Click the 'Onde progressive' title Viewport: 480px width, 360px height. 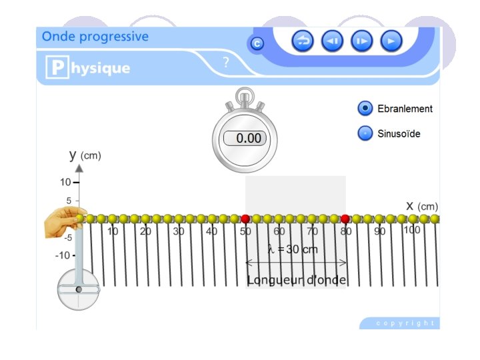[95, 37]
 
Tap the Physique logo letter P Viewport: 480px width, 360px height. [57, 68]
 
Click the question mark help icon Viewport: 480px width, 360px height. [226, 63]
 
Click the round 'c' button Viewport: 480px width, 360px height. [257, 44]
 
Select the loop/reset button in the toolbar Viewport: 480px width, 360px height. [303, 41]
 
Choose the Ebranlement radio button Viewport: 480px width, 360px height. [365, 109]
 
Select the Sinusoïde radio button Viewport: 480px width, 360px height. [365, 133]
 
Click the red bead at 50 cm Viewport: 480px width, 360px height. [245, 219]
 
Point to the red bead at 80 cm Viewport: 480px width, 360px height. [345, 219]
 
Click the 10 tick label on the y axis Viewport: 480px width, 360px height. [65, 182]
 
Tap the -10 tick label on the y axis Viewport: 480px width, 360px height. [63, 255]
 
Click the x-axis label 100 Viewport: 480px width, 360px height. [412, 230]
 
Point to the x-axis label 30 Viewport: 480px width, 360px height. [178, 231]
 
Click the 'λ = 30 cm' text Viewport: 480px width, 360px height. [293, 249]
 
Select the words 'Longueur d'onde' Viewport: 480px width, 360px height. [296, 280]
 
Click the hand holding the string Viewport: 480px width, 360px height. [61, 223]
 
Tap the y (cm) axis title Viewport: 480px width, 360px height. [85, 155]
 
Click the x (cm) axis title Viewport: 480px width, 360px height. [421, 205]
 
